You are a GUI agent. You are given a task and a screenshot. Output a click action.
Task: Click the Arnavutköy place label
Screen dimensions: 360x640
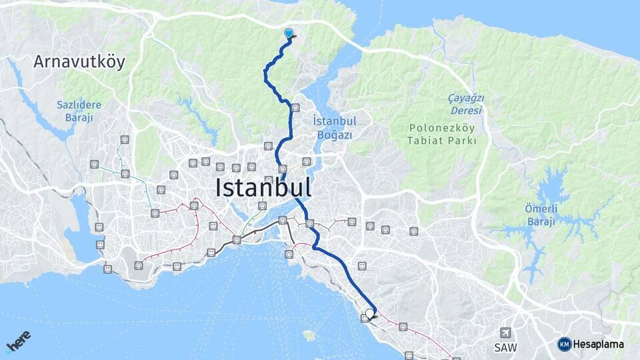click(x=79, y=63)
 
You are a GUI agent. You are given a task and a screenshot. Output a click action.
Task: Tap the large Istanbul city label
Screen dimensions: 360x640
click(x=263, y=188)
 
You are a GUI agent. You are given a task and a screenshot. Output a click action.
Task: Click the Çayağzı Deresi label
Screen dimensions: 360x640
click(x=465, y=104)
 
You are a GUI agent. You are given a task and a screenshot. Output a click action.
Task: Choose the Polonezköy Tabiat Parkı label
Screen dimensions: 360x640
click(x=442, y=134)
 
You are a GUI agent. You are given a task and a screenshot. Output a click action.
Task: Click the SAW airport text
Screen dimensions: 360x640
click(x=506, y=347)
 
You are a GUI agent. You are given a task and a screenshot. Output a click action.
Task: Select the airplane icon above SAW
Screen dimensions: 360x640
click(x=506, y=333)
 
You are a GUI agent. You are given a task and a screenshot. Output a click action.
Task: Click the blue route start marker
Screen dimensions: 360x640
click(x=289, y=33)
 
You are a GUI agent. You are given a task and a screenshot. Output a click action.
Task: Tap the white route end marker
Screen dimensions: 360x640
click(x=370, y=313)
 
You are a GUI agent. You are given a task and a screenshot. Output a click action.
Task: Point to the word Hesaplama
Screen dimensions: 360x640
click(x=599, y=345)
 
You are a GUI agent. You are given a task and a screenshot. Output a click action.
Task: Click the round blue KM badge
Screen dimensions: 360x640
click(x=564, y=344)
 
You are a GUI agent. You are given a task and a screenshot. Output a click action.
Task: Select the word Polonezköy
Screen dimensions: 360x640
click(x=442, y=128)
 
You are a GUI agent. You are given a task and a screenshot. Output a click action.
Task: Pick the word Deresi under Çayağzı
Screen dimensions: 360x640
click(x=465, y=110)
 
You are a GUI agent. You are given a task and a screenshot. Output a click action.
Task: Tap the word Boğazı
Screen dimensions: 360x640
click(x=335, y=134)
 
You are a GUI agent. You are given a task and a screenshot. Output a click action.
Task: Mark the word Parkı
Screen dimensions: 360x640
click(x=463, y=141)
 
